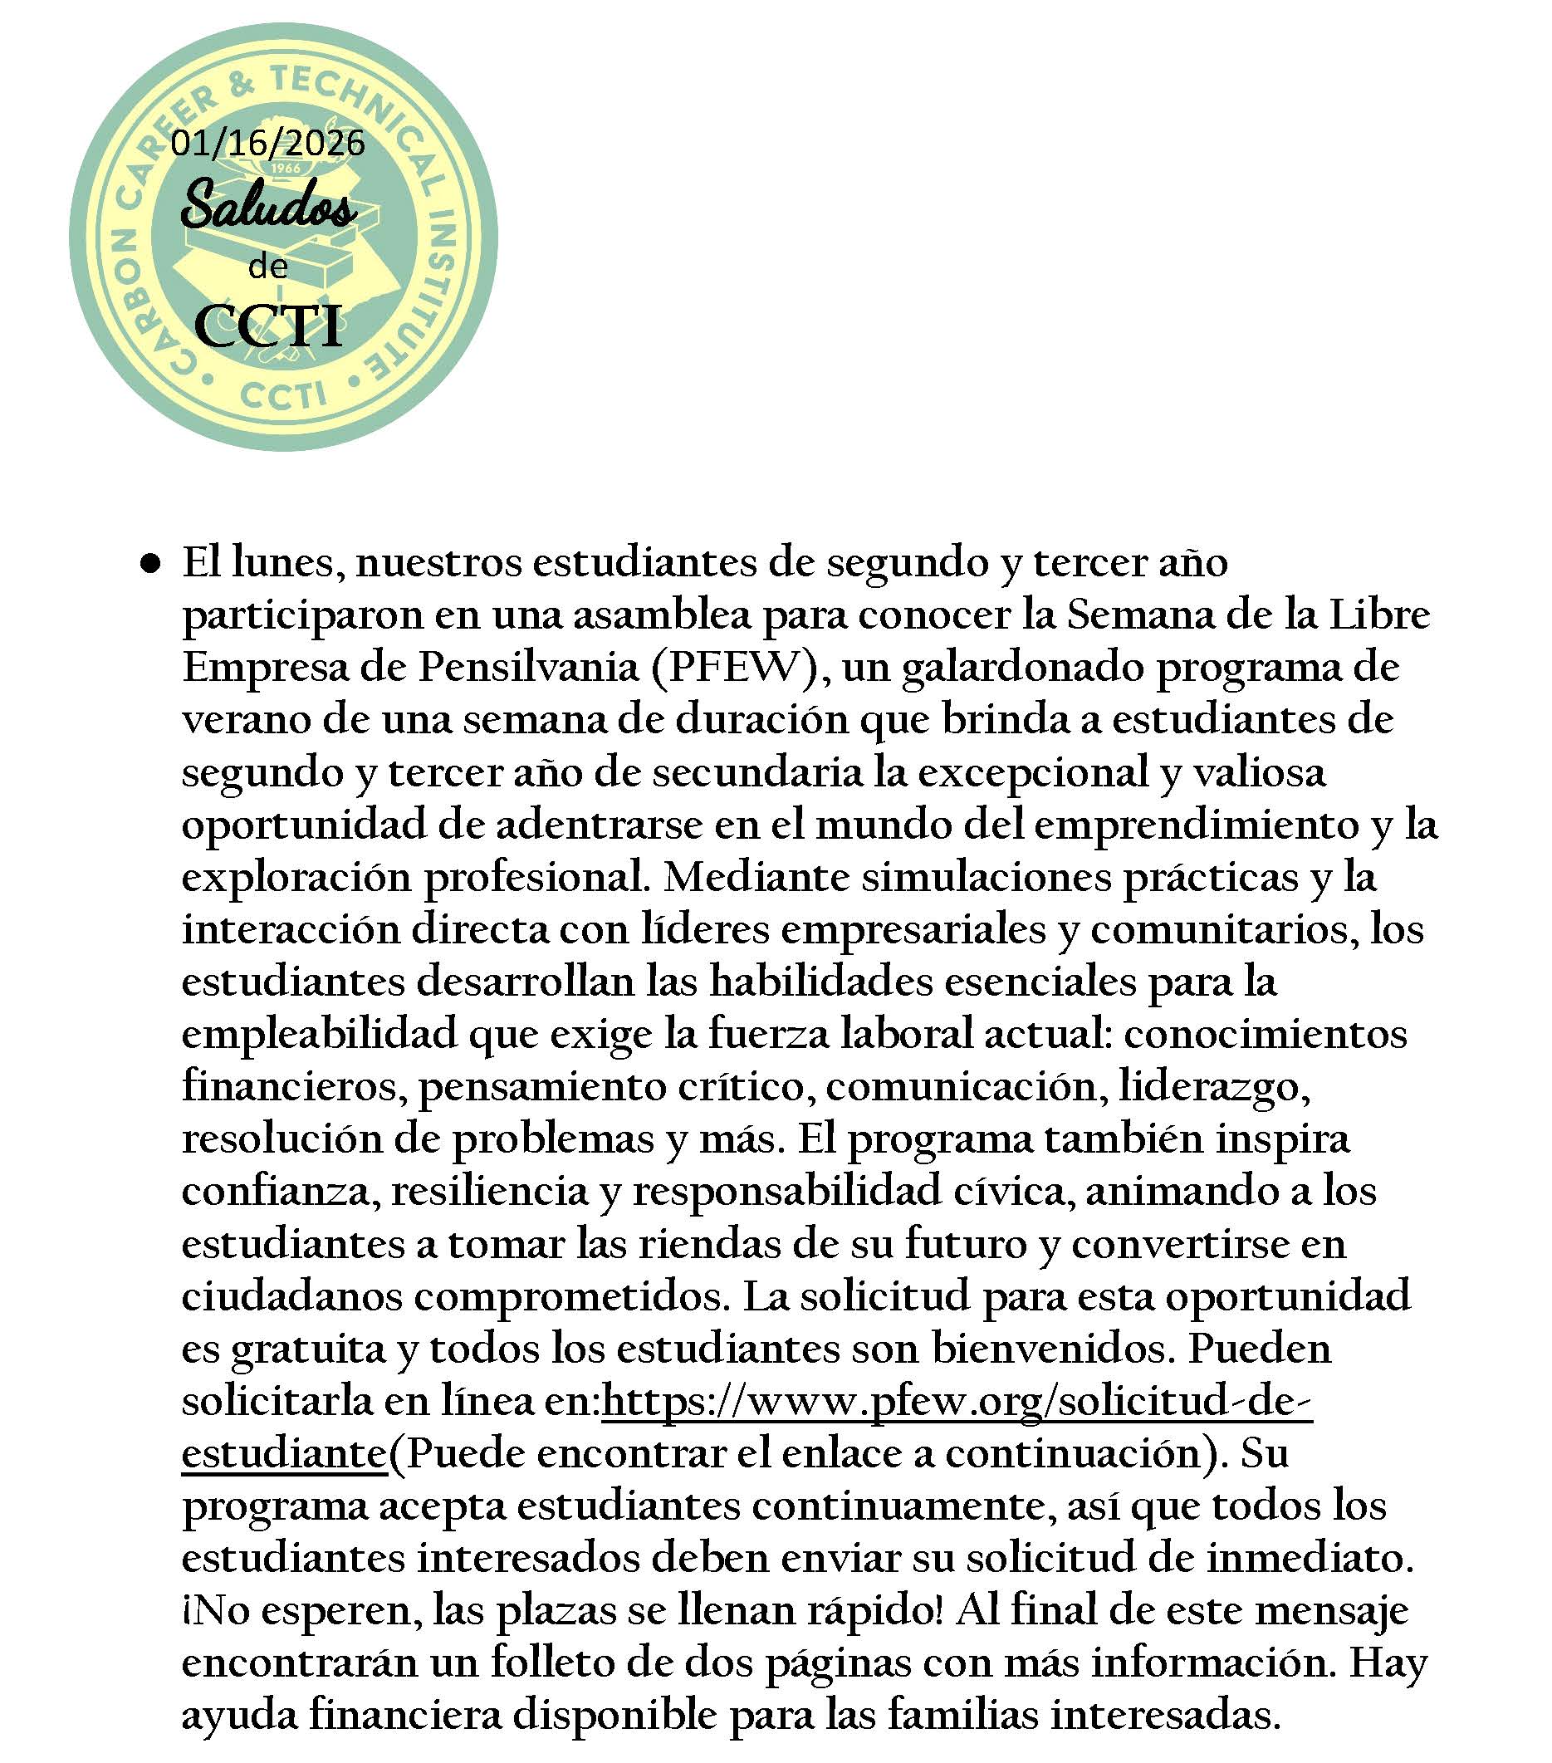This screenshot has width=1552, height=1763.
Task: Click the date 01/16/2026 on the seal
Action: click(267, 143)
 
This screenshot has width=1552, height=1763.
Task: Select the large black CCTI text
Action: click(268, 326)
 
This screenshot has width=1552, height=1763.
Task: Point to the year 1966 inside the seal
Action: click(284, 169)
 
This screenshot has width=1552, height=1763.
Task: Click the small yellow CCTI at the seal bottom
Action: click(284, 396)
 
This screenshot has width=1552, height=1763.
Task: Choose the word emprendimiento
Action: click(1195, 826)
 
